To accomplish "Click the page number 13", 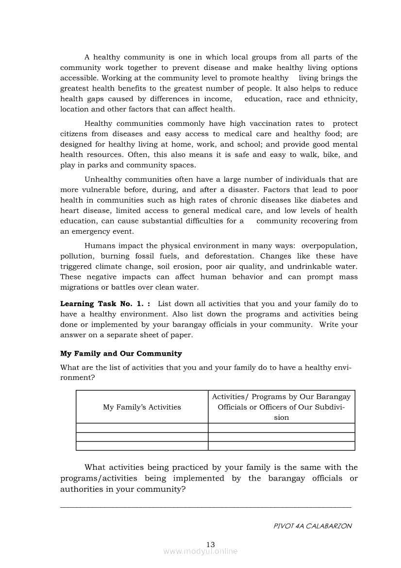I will click(210, 544).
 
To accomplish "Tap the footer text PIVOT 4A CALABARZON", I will click(313, 526).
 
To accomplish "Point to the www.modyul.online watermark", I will click(200, 551).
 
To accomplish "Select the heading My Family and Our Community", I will click(121, 353).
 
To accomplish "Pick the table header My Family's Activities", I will click(142, 407).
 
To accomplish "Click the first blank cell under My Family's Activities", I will click(142, 428).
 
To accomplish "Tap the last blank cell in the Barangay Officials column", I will click(282, 446).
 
